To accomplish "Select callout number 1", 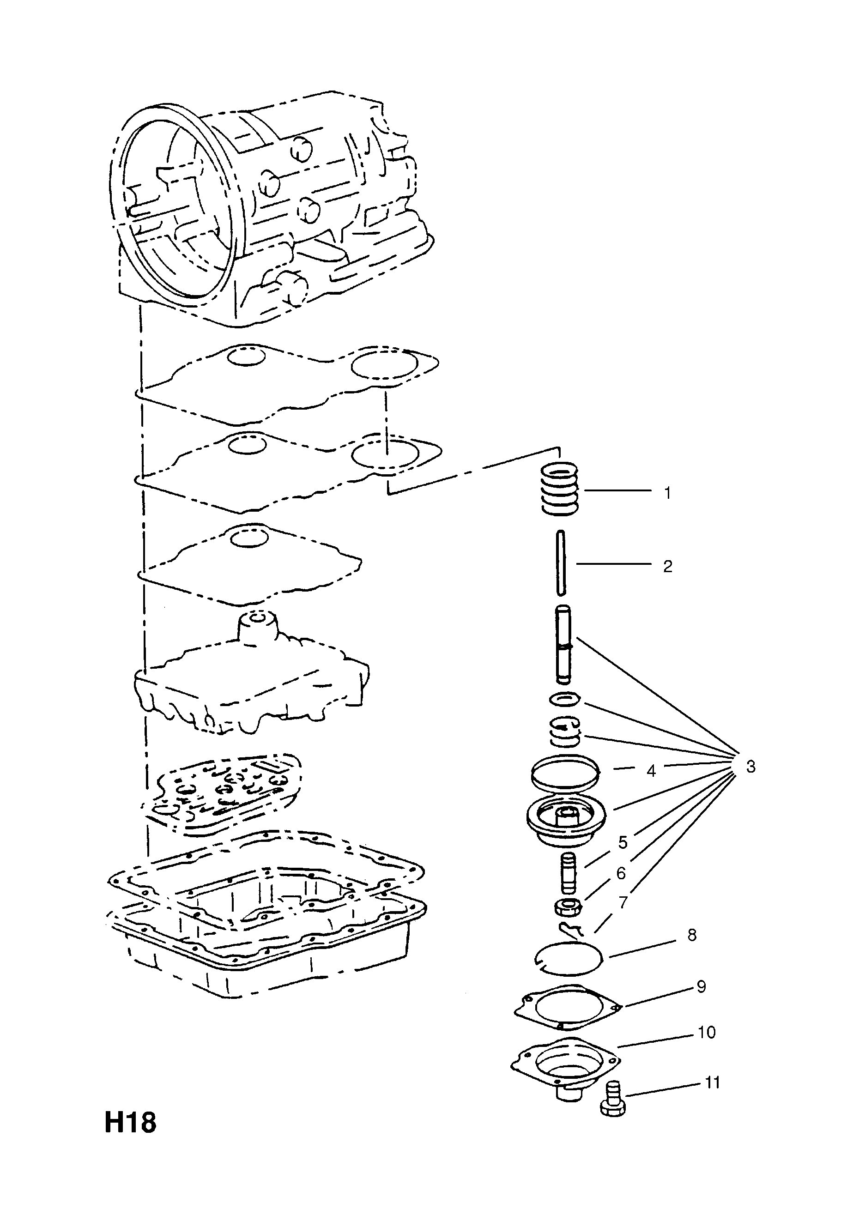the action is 667,493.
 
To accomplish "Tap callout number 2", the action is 667,566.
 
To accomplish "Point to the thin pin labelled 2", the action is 561,563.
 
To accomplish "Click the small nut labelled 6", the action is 568,908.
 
